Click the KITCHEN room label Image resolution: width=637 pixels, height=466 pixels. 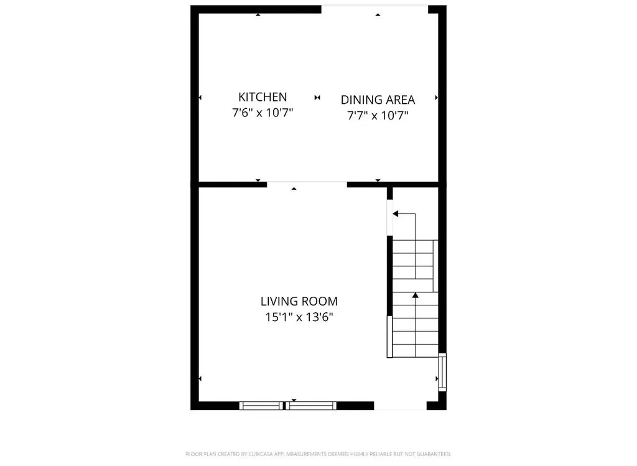pos(263,97)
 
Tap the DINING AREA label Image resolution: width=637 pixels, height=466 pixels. pos(378,100)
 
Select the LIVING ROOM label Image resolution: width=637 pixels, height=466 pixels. pos(299,302)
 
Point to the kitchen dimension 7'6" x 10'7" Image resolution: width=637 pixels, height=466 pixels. pos(263,113)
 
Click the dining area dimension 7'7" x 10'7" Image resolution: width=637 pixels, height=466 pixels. pos(378,115)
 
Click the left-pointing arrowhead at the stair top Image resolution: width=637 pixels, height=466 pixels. pos(395,214)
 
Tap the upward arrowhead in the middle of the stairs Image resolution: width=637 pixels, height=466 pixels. pos(415,296)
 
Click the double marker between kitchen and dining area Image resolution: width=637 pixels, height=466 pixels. pos(317,98)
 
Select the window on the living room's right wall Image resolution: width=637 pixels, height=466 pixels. pos(442,371)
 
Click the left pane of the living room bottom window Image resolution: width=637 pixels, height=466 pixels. pos(262,406)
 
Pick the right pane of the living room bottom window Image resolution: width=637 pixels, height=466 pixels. pos(311,406)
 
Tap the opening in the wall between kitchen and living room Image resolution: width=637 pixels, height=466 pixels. pos(307,184)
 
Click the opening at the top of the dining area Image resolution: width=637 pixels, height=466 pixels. pos(374,8)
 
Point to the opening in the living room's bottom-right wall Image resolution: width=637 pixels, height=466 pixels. pos(400,406)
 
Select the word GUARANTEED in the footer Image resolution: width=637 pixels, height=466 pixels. pos(431,454)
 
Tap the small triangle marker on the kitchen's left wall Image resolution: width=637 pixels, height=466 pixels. pos(200,98)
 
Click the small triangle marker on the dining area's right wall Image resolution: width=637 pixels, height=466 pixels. pos(437,98)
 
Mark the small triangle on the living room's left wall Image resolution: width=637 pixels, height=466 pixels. pos(200,378)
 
